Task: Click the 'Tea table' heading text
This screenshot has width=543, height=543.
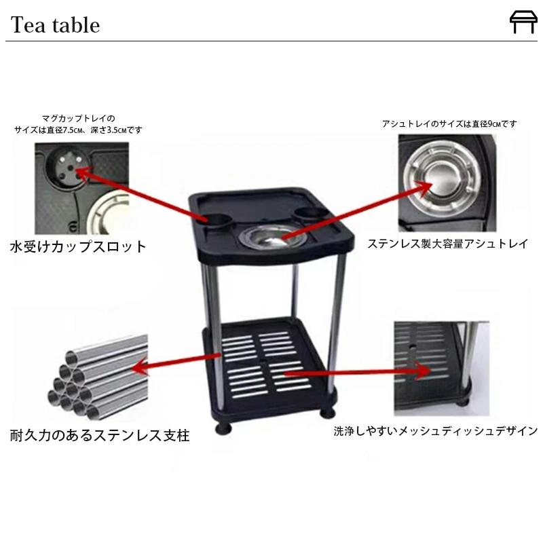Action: (x=55, y=25)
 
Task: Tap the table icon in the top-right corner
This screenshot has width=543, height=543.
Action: (x=523, y=22)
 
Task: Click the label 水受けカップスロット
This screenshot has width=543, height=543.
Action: (x=79, y=246)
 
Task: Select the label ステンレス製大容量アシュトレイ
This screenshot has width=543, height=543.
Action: (x=448, y=243)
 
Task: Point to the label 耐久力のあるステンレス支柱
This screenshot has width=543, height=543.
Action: (x=100, y=435)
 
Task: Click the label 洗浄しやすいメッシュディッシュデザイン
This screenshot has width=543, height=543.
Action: (x=436, y=431)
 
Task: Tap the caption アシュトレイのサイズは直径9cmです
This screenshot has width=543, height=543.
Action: (x=449, y=124)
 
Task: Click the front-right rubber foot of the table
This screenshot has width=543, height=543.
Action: (x=329, y=412)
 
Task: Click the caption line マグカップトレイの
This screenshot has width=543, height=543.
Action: (x=79, y=118)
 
